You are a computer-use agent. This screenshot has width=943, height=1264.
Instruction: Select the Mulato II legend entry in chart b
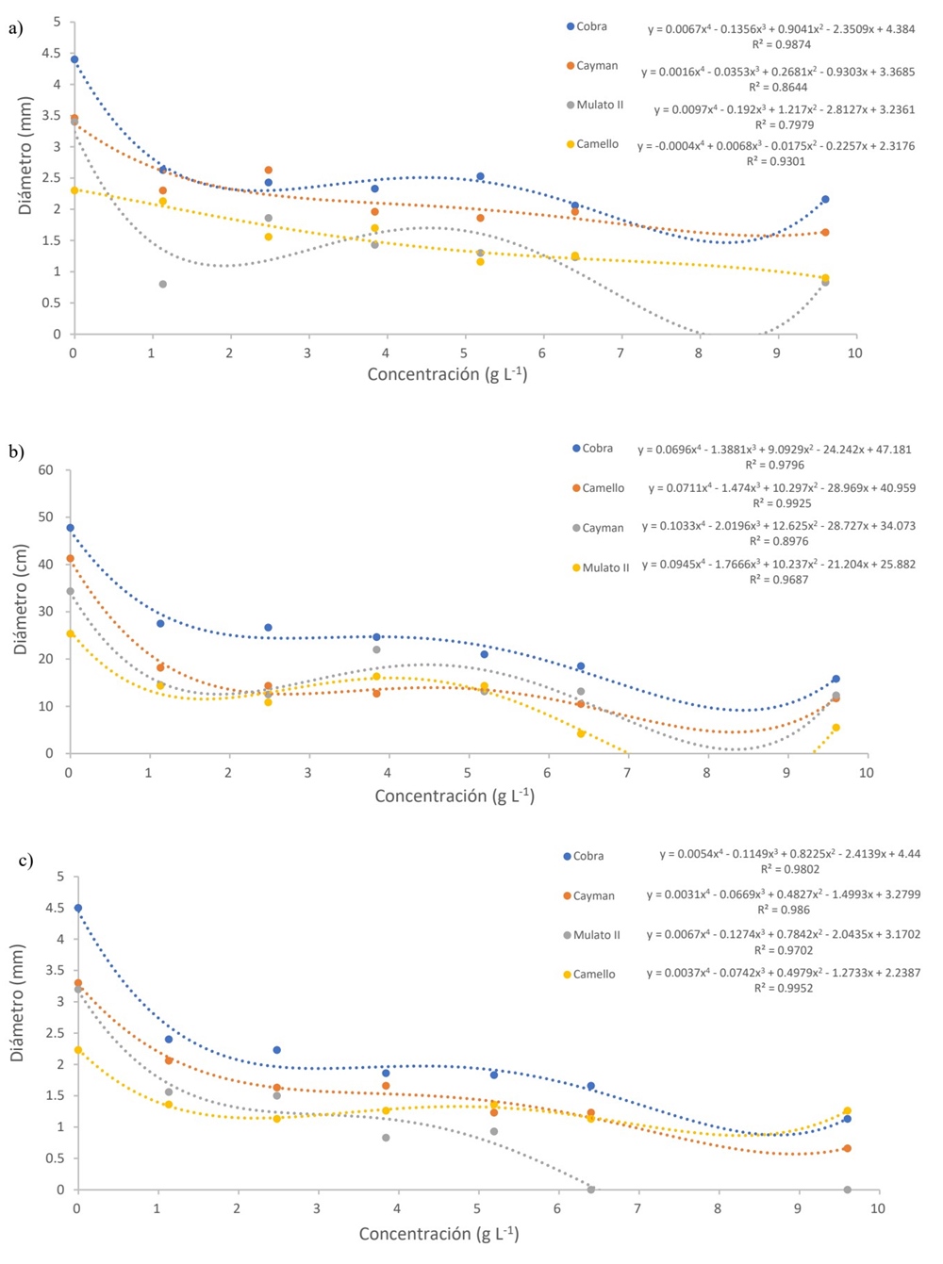601,567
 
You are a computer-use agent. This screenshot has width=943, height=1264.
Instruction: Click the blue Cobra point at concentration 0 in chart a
74,59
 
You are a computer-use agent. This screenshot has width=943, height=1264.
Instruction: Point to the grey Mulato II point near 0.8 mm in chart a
163,284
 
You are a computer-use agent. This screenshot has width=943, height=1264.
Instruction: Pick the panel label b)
16,451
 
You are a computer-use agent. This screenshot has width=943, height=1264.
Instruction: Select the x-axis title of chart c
438,1233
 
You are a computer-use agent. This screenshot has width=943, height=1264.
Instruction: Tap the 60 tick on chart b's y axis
45,470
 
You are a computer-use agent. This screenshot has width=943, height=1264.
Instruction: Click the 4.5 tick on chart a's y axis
53,53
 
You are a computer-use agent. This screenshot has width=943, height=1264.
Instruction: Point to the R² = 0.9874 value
781,44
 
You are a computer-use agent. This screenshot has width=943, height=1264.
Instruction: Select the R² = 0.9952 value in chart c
784,988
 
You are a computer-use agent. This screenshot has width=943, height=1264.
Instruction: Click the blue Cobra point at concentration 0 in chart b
70,528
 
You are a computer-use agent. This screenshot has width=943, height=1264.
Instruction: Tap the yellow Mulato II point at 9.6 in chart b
835,728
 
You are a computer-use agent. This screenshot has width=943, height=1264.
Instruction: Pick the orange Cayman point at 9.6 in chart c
847,1148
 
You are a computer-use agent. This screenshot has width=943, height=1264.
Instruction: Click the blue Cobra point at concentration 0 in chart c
78,908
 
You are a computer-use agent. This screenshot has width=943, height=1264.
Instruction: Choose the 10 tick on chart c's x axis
877,1207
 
